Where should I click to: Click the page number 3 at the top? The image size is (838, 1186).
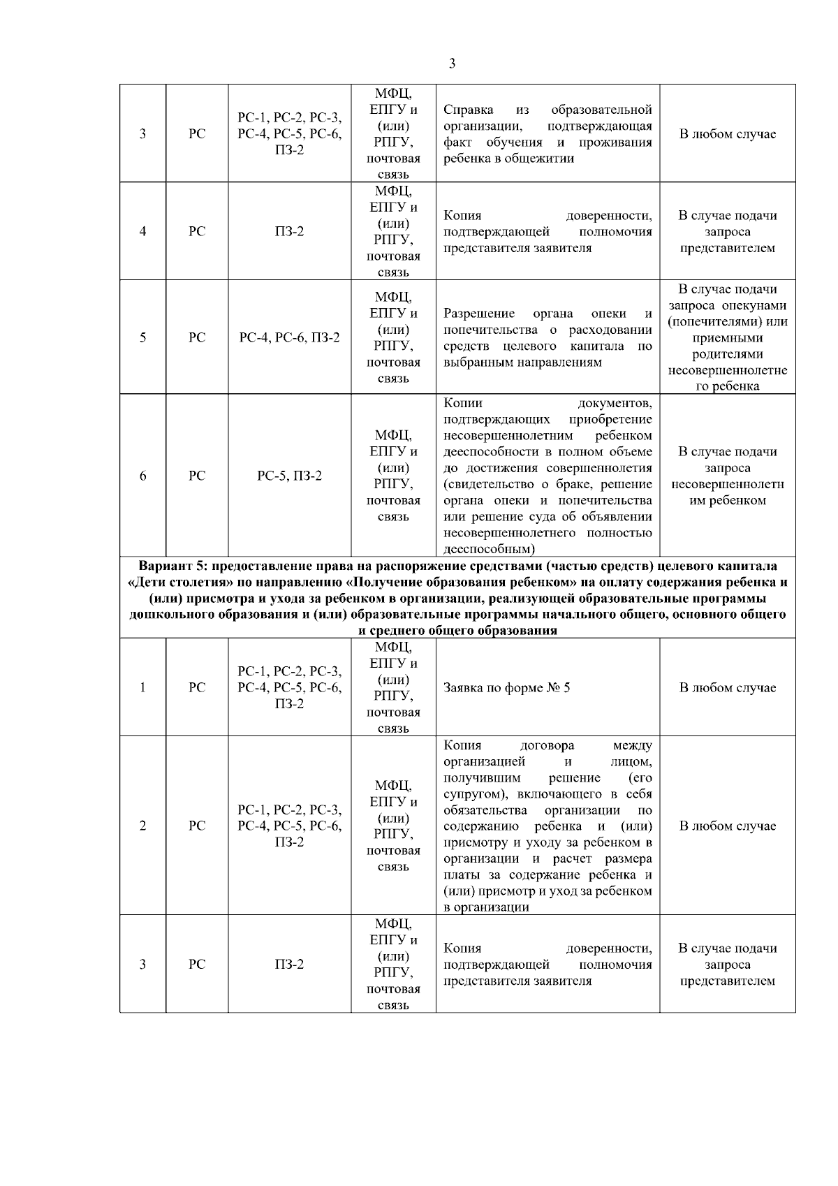coord(452,64)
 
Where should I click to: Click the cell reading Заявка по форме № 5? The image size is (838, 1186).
coord(506,687)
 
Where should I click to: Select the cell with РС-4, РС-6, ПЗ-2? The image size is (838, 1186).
coord(289,337)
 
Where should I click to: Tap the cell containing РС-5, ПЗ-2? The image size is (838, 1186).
coord(289,476)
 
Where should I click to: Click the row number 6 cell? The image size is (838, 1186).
coord(142,476)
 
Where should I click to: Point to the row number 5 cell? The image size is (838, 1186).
coord(142,337)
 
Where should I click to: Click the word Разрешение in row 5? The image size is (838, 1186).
coord(479,313)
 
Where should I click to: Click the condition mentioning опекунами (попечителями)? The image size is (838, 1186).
coord(727,337)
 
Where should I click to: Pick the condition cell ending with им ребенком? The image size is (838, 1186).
coord(727,476)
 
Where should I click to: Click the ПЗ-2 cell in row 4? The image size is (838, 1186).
coord(289,231)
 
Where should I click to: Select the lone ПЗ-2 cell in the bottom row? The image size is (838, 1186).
coord(289,964)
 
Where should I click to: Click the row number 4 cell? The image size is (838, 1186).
coord(142,231)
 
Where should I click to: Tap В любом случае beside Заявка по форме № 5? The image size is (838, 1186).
coord(727,687)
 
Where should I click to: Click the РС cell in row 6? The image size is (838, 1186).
coord(197,476)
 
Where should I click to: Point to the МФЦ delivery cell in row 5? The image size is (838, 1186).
coord(393,337)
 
